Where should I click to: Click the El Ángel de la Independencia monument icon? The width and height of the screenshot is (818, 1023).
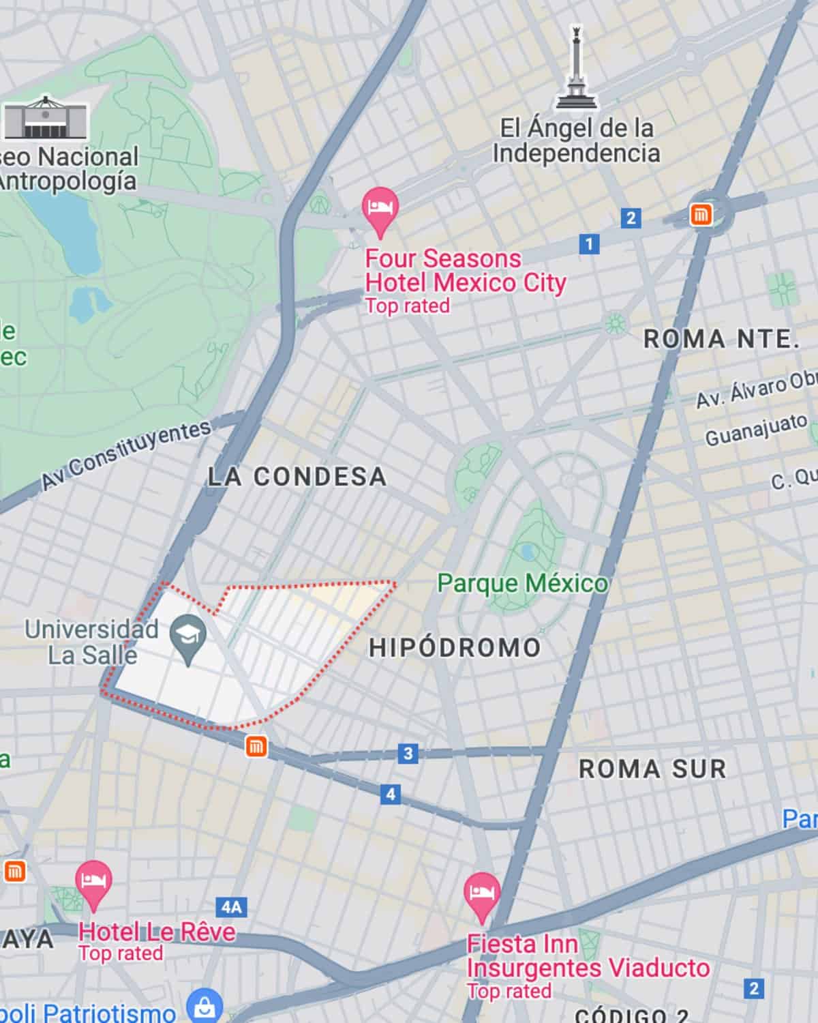pos(577,68)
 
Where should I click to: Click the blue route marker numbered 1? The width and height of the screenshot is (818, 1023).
pos(589,243)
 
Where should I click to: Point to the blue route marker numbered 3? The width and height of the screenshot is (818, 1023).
pos(408,753)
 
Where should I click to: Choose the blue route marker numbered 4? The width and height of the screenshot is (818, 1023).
pos(391,794)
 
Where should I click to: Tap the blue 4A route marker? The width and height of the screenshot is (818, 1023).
pos(231,907)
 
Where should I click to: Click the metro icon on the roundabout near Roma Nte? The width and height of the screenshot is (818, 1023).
pos(700,216)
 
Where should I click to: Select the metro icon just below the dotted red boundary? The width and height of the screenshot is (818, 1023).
pos(256,747)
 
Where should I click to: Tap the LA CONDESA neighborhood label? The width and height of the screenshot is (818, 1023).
pos(297,477)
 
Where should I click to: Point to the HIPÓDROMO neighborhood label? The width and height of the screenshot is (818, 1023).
pos(455,648)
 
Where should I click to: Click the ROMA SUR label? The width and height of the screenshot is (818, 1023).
pos(652,769)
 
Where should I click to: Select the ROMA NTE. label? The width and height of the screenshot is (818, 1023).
pos(721,339)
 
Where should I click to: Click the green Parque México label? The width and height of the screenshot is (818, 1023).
pos(522,584)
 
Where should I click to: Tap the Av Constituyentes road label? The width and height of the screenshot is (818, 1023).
pos(126,455)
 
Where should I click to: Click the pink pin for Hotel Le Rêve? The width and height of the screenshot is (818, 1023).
pos(93,882)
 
